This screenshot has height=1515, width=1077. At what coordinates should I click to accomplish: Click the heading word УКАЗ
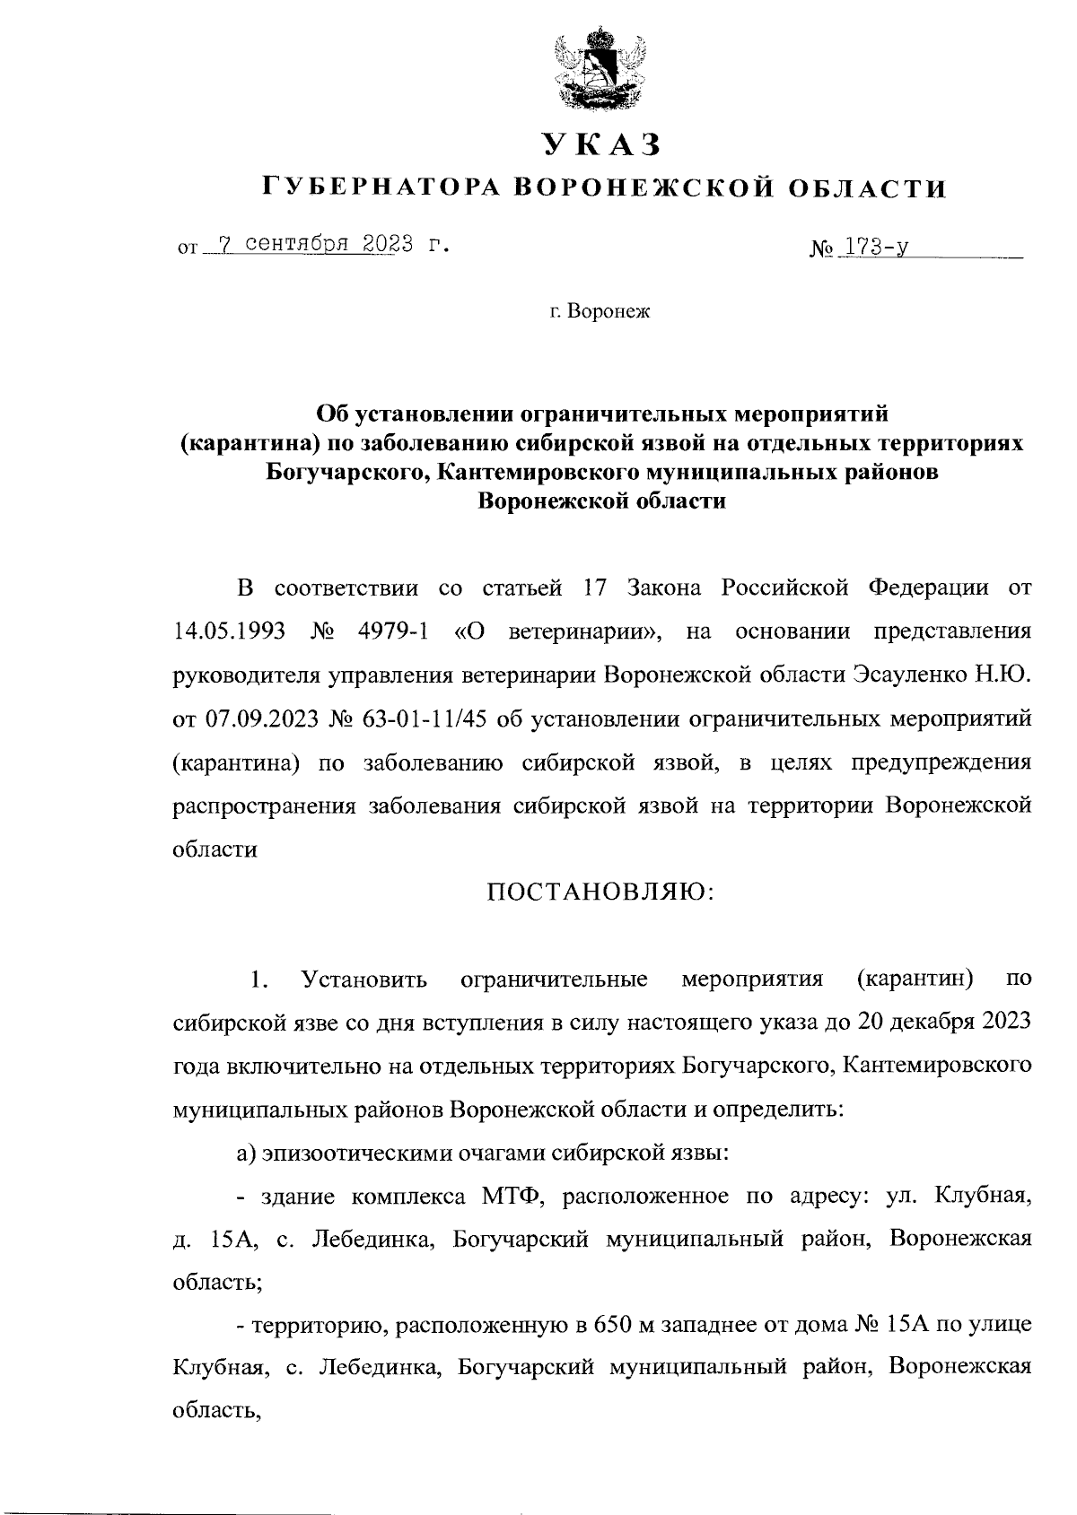coord(600,144)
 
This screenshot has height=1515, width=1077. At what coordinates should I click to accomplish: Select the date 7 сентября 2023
coord(308,244)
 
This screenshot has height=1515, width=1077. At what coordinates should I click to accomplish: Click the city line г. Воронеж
coord(600,312)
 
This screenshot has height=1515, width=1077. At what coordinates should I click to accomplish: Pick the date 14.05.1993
coord(228,631)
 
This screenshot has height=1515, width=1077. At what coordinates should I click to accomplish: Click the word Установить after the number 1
coord(364,979)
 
